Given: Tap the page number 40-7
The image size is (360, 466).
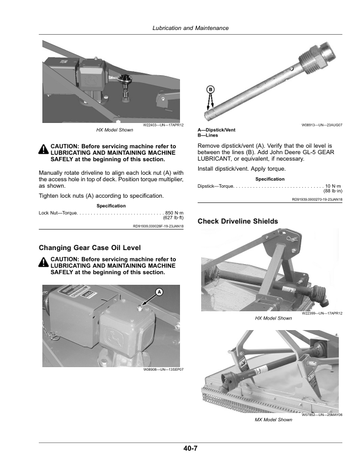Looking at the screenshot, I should (190, 450).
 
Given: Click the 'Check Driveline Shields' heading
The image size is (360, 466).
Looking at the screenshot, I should (238, 221).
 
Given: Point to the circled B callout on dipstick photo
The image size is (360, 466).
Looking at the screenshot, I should (209, 89).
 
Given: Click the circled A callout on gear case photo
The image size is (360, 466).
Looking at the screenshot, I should (159, 292).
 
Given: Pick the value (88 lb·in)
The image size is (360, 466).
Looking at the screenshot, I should (334, 192).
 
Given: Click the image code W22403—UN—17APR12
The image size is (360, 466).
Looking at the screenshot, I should (164, 125).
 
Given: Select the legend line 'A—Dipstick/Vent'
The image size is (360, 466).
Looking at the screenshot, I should (216, 130).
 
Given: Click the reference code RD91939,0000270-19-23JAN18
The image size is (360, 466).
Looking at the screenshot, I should (317, 200).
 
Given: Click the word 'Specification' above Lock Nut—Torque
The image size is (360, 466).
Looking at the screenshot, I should (111, 205).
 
